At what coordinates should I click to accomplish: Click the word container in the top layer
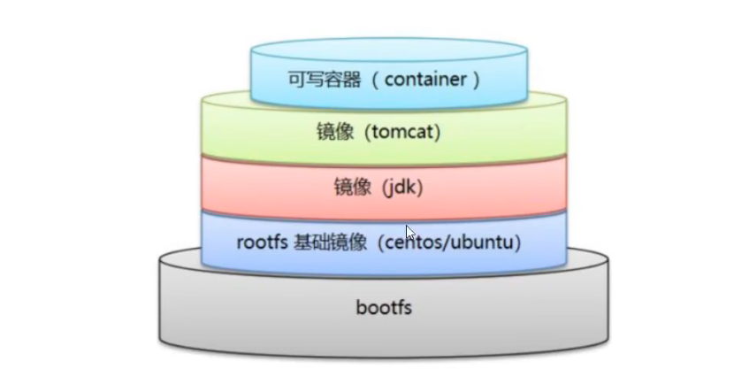(424, 80)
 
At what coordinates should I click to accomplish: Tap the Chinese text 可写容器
(318, 80)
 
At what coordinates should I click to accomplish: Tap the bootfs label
(385, 309)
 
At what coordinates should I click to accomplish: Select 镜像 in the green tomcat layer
(332, 133)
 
